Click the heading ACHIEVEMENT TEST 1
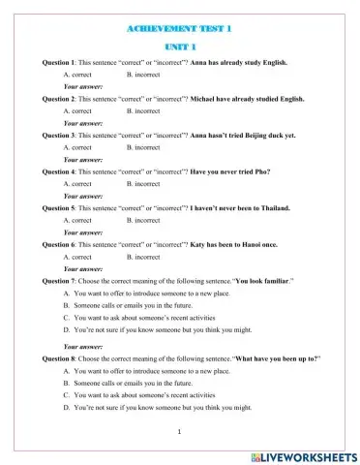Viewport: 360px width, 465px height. tap(180, 29)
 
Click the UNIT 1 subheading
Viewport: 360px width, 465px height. tap(180, 46)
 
